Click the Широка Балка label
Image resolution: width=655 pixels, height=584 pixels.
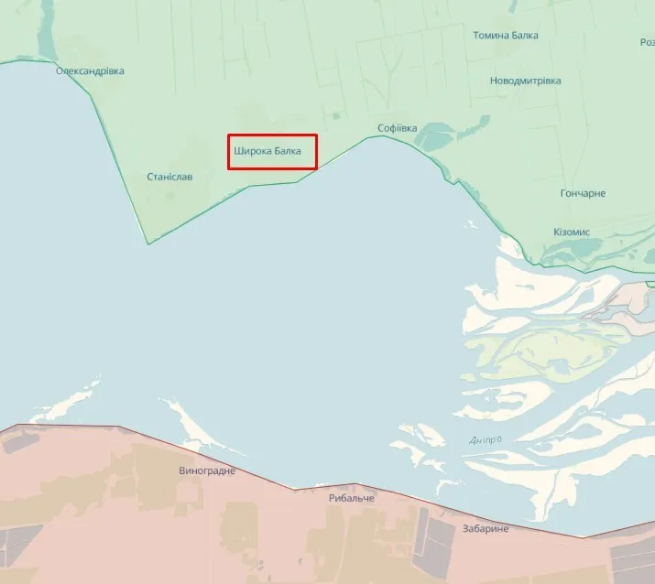(x=273, y=151)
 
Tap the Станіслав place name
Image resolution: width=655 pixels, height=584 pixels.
(x=169, y=177)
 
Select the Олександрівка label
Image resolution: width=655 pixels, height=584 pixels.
(x=90, y=70)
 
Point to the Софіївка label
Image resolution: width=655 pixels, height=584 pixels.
(x=397, y=128)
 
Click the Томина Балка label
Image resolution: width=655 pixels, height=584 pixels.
(x=505, y=36)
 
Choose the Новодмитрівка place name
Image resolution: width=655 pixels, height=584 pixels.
(x=525, y=81)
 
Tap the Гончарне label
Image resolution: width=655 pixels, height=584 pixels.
(x=582, y=193)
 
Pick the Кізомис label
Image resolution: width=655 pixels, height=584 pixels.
(x=572, y=232)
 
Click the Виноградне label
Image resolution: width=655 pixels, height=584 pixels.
(x=207, y=470)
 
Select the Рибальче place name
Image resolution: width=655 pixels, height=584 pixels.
(x=352, y=499)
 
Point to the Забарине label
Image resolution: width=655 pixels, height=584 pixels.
(x=485, y=528)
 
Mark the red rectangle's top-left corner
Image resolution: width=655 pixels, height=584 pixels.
(x=229, y=135)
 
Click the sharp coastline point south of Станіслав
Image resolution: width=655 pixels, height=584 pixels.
(x=148, y=243)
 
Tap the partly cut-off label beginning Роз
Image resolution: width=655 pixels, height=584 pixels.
(x=646, y=42)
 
